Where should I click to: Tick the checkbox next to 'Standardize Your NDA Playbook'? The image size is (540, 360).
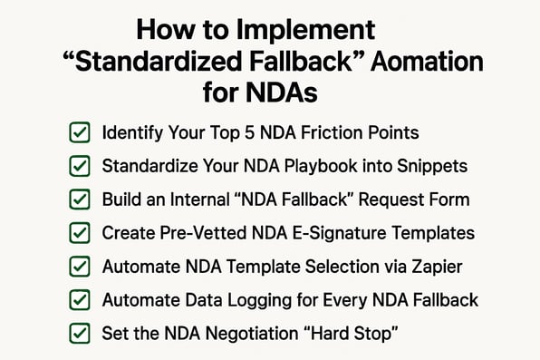point(79,167)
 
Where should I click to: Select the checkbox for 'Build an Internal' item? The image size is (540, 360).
point(79,200)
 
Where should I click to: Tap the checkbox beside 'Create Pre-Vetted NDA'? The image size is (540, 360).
point(79,234)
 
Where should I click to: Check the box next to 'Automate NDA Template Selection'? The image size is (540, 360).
point(79,267)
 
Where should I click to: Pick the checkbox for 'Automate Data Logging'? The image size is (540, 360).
point(79,300)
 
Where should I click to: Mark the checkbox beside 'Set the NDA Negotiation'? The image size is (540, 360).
point(79,333)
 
